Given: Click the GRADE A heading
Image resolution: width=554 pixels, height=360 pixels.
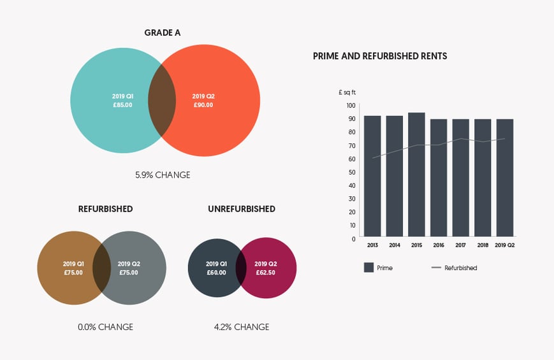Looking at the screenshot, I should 163,32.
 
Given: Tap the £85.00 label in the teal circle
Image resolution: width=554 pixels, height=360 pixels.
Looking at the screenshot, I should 122,104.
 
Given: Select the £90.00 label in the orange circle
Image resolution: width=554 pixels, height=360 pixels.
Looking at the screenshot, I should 203,104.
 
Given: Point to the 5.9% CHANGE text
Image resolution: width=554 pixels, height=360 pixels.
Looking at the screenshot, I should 162,175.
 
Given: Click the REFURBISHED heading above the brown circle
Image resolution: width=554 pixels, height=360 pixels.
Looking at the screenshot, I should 105,209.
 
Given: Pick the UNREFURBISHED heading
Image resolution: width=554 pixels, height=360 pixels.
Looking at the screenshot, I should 242,209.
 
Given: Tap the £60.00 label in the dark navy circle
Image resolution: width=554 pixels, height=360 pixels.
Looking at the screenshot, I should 216,272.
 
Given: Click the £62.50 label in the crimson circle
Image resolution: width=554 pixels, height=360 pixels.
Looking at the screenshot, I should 265,272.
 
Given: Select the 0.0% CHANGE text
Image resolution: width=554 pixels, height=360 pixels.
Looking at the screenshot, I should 105,327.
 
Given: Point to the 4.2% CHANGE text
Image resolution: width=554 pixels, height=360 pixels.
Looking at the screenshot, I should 242,327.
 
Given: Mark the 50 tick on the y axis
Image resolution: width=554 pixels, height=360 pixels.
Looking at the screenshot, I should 351,172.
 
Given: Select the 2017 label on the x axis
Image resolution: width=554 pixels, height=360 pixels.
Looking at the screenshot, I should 460,245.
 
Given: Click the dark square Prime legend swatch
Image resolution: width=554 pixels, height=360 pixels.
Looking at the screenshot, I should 368,268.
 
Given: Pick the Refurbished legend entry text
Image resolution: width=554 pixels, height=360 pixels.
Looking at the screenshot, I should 460,268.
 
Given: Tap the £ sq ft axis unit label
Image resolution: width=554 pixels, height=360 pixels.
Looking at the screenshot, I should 347,92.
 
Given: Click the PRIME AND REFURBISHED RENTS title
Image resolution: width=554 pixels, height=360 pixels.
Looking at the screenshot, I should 380,56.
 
